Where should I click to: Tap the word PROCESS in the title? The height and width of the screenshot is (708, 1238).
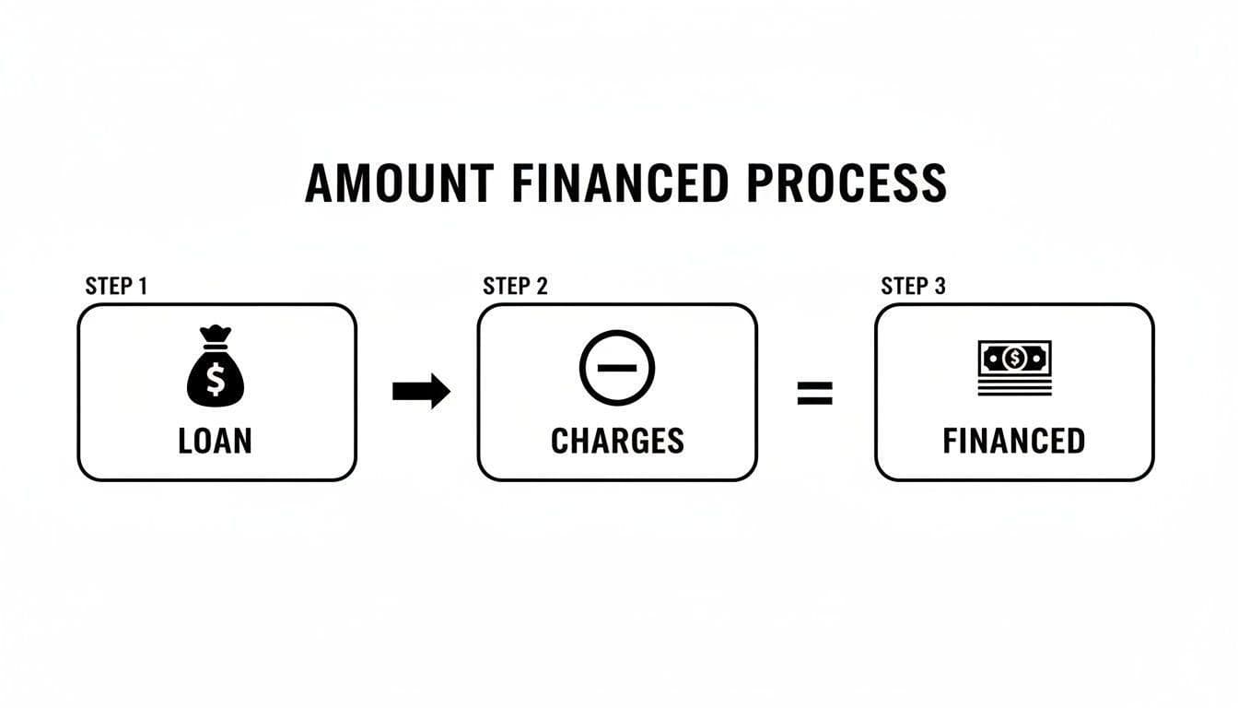pyautogui.click(x=847, y=183)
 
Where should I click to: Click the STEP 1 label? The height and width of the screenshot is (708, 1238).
pyautogui.click(x=116, y=286)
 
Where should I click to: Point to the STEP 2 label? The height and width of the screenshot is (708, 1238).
pyautogui.click(x=515, y=286)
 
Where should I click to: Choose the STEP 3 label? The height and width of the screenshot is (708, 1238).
pyautogui.click(x=913, y=286)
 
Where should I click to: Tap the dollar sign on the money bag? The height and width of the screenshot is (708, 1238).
pyautogui.click(x=216, y=379)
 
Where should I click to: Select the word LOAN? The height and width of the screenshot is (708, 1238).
pyautogui.click(x=215, y=441)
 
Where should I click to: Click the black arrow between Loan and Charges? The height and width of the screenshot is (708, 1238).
pyautogui.click(x=421, y=392)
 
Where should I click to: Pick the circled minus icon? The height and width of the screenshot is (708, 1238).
pyautogui.click(x=616, y=367)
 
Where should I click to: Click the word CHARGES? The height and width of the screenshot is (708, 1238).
pyautogui.click(x=617, y=441)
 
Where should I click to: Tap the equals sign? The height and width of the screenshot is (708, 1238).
pyautogui.click(x=814, y=394)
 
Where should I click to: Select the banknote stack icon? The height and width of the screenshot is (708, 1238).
pyautogui.click(x=1014, y=368)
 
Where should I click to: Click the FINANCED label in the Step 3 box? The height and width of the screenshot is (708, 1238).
pyautogui.click(x=1013, y=441)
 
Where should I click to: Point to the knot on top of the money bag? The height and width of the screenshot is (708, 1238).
pyautogui.click(x=215, y=334)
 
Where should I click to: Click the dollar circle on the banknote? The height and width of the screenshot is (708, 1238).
pyautogui.click(x=1014, y=357)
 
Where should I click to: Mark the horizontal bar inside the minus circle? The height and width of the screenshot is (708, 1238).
pyautogui.click(x=616, y=367)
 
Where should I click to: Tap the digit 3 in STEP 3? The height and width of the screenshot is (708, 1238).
pyautogui.click(x=940, y=286)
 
